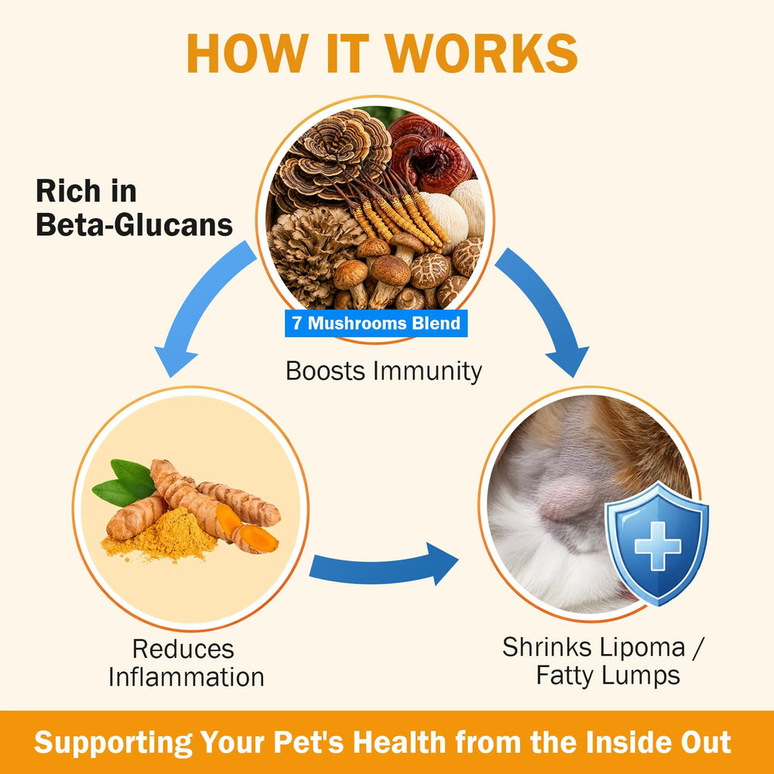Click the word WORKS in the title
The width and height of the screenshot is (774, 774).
coord(481,53)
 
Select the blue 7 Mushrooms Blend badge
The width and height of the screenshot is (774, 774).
coord(376,324)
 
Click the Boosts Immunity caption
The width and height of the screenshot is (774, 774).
coord(384,372)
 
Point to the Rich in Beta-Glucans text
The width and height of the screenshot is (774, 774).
coord(134,207)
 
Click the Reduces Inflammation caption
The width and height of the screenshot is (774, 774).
coord(186,663)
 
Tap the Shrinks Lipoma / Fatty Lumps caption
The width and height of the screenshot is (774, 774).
coord(603,661)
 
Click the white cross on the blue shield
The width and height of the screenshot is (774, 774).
coord(657,546)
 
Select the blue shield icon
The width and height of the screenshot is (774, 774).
coord(657,544)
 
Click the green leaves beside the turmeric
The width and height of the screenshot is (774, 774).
coord(125,482)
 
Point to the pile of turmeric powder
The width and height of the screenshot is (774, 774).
coord(161,536)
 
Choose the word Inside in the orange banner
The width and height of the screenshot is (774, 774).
coord(623,742)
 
